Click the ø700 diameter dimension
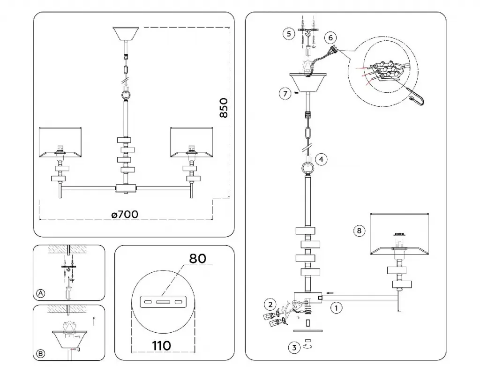(125, 214)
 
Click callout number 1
(336, 308)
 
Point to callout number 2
(270, 305)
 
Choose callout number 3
(294, 348)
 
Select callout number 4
(321, 159)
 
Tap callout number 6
(330, 37)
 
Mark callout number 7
(285, 93)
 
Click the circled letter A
(41, 293)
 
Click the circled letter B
(41, 354)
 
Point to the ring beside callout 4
(307, 167)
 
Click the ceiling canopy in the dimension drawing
(126, 34)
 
